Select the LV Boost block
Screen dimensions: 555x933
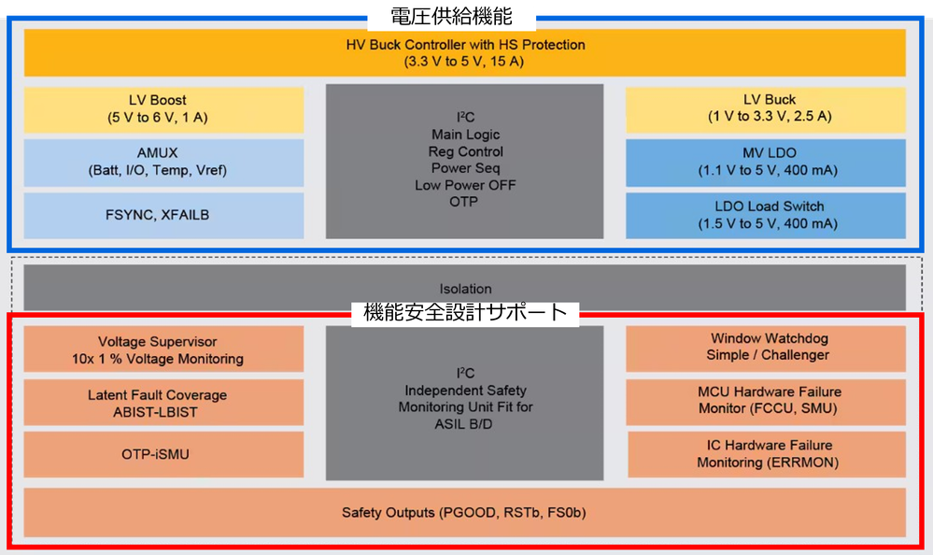163,109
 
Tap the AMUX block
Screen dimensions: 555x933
163,162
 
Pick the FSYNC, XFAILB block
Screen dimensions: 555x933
163,215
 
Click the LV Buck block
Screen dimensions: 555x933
765,109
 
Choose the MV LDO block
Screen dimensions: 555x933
765,162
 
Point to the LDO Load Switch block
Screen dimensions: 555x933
765,215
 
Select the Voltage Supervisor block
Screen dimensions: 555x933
163,349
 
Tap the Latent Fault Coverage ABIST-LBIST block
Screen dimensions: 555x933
163,403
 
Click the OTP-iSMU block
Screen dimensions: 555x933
163,454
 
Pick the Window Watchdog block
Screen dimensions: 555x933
765,348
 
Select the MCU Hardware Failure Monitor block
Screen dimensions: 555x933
765,401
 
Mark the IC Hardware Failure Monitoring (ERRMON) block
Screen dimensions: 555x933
767,454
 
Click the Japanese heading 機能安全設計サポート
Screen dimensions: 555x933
464,312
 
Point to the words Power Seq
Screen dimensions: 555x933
465,168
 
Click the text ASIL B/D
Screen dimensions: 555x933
465,423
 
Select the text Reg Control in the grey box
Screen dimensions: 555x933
465,151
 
